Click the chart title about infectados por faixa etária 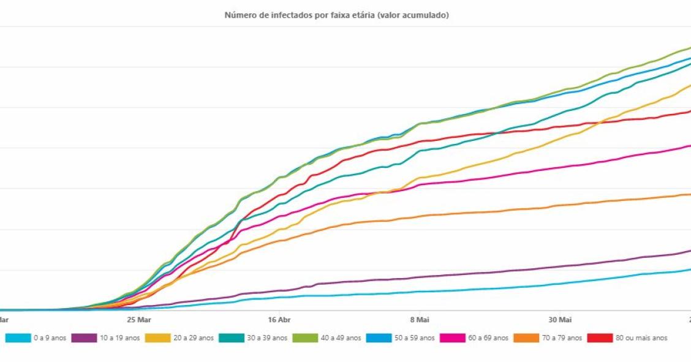pos(336,15)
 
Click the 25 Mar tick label pos(138,320)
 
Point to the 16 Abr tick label pos(279,320)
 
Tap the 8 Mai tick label pos(419,320)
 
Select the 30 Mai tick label pos(559,320)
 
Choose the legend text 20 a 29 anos pos(194,337)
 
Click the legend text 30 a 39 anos pos(267,337)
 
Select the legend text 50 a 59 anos pos(414,337)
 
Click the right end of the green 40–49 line pos(689,48)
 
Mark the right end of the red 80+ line pos(689,111)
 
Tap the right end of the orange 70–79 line pos(689,195)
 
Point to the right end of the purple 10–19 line pos(689,251)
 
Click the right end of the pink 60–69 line pos(689,146)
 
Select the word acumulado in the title pos(427,15)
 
